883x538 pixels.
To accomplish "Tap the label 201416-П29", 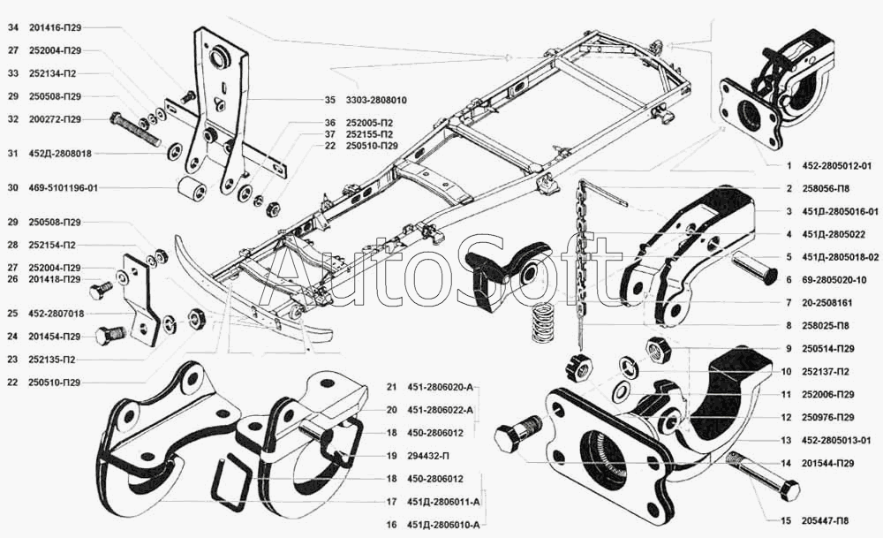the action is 56,28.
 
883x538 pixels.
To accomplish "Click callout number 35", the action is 329,100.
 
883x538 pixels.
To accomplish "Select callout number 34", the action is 12,28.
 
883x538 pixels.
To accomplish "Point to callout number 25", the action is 12,314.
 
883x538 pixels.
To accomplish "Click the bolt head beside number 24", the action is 113,336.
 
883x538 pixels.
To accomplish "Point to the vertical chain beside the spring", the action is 582,256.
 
